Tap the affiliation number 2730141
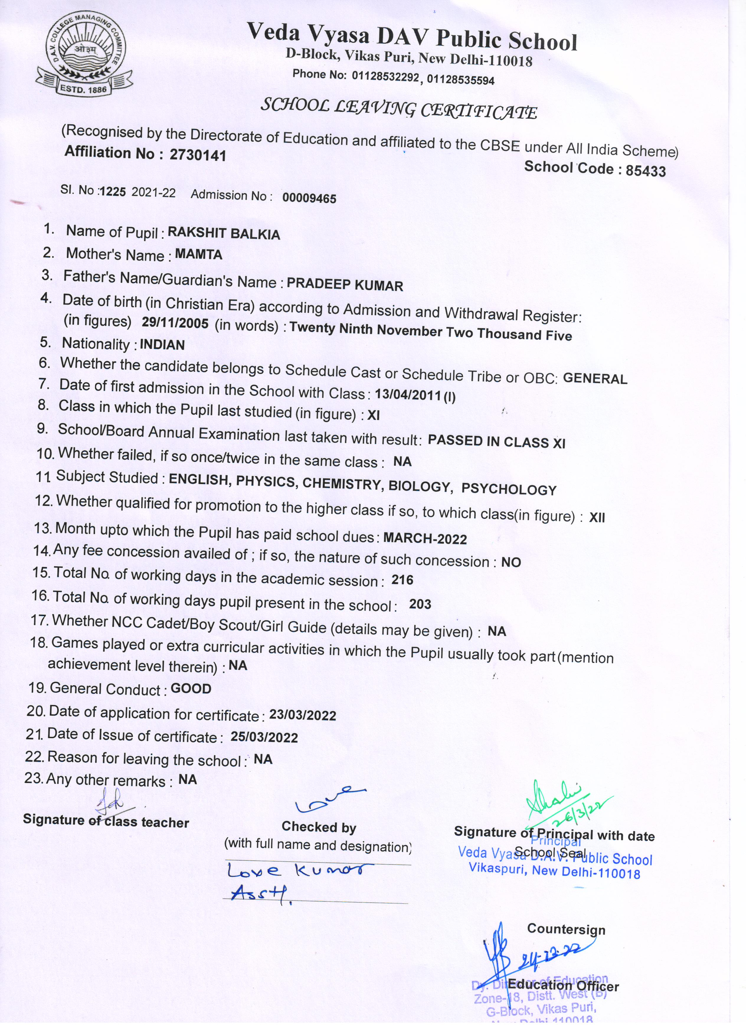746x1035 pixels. click(197, 155)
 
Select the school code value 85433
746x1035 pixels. click(645, 171)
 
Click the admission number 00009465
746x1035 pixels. click(309, 198)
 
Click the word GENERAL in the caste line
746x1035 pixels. click(595, 378)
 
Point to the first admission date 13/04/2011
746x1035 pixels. click(408, 395)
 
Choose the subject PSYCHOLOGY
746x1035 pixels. click(509, 489)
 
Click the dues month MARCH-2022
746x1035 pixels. click(425, 539)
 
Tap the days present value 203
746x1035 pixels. click(420, 604)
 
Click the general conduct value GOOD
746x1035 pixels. click(191, 689)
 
